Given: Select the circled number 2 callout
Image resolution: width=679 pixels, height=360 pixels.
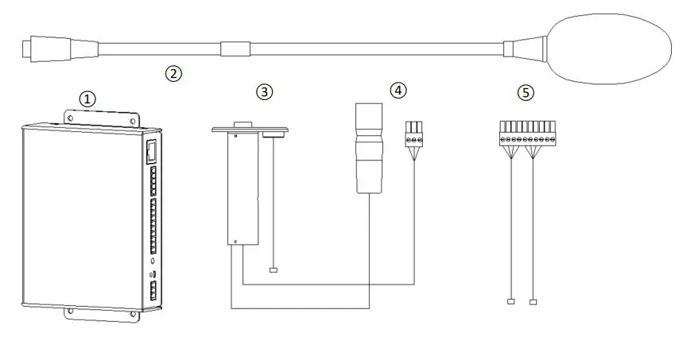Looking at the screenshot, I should pos(173,73).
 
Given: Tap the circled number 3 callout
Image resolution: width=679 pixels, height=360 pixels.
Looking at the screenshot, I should pos(264,92).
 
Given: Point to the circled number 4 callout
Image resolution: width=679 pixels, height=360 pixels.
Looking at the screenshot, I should pos(397,90).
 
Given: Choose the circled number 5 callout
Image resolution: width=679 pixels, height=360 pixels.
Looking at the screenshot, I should pos(525,92).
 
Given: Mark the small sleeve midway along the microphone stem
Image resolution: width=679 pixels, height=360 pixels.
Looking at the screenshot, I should pos(235,48).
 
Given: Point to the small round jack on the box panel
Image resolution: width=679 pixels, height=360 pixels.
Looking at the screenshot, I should pos(152,260).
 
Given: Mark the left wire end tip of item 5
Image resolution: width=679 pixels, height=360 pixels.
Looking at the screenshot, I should pos(510,301).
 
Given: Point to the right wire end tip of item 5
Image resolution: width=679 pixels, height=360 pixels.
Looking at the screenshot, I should pos(533,301).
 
